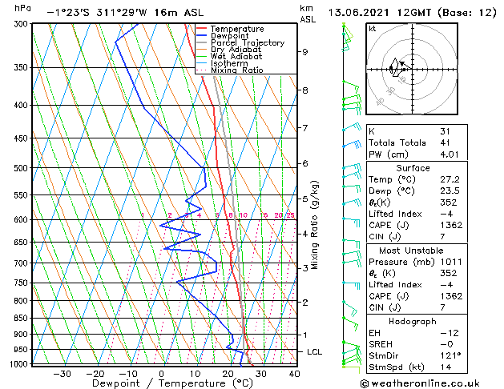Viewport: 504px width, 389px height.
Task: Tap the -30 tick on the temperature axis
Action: (62, 374)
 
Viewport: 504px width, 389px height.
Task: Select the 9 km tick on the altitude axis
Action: (305, 52)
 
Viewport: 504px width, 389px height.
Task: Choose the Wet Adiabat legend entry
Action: (236, 57)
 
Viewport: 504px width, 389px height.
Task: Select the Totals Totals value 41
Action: (446, 142)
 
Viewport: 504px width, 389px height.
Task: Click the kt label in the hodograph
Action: (373, 29)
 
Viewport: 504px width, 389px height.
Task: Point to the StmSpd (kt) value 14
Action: (446, 367)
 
